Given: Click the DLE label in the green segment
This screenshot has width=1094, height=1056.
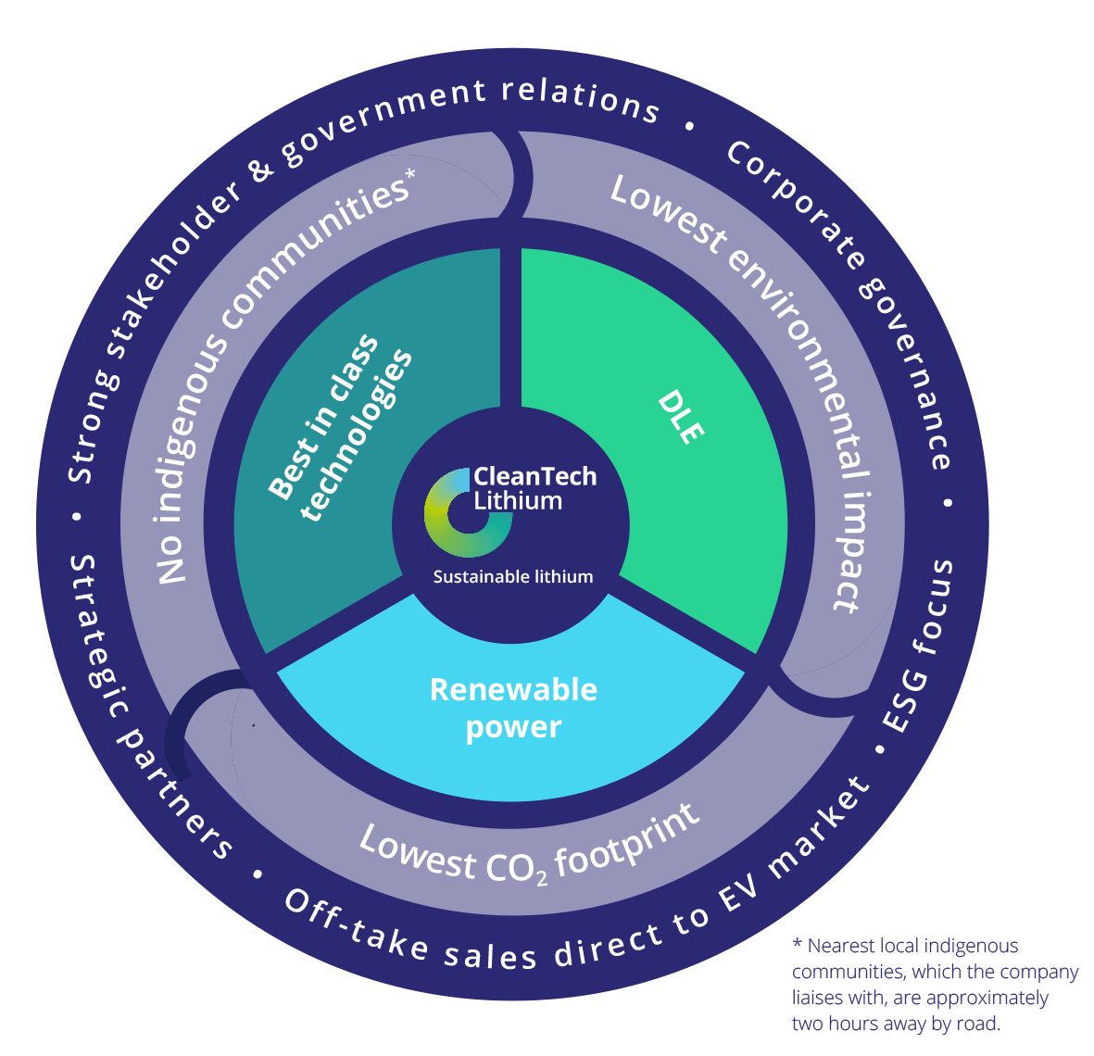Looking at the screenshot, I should click(681, 417).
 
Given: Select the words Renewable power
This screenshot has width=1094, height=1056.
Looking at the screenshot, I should click(513, 709).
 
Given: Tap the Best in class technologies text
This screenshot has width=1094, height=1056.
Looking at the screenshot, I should click(339, 428).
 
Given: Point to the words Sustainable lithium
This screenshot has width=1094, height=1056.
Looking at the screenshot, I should click(512, 577).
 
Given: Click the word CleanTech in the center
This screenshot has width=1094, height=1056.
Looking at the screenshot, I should click(534, 476).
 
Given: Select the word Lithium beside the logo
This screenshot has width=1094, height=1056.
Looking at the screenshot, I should click(518, 501).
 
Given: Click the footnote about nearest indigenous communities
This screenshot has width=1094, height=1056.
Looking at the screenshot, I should click(934, 985).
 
